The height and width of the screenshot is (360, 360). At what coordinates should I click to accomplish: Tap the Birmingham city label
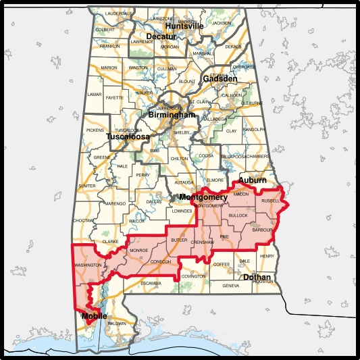172,115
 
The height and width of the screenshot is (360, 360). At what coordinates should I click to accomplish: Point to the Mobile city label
94,315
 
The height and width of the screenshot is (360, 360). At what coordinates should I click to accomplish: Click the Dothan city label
257,277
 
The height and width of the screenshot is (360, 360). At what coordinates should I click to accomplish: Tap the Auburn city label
251,181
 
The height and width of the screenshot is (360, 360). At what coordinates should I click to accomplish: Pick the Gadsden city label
219,79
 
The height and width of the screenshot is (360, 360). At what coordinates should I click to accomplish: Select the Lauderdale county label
119,13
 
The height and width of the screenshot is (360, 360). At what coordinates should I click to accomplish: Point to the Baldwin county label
117,324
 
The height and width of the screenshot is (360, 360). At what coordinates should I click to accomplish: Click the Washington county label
88,265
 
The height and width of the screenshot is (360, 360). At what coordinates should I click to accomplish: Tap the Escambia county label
151,282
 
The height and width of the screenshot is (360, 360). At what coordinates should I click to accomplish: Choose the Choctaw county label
83,220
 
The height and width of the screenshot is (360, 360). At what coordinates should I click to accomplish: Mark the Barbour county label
261,230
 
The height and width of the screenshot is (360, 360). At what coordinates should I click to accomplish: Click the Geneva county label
230,286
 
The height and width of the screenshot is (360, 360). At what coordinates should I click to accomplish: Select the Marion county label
109,68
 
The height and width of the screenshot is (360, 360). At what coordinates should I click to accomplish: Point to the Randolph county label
254,129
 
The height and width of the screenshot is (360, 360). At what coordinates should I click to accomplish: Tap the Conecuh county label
161,261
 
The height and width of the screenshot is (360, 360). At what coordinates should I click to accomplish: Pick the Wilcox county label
137,221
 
